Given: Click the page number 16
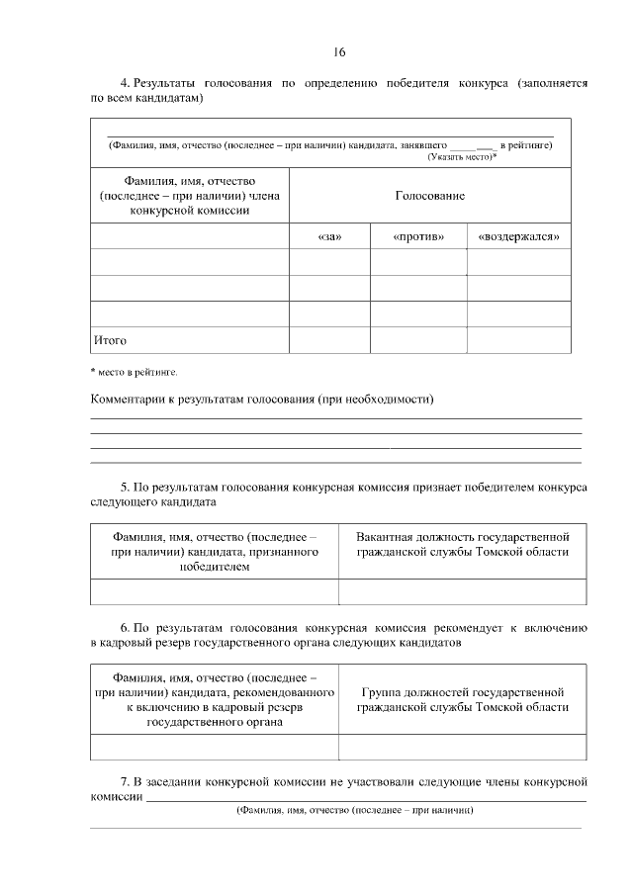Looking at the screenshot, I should coord(339,51).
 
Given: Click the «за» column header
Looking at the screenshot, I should coord(329,237).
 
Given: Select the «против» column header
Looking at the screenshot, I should coord(418,237).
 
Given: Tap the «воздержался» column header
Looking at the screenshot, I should coord(518,237).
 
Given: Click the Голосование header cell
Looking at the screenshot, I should coord(429,196).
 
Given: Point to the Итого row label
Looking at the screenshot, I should coord(110,340).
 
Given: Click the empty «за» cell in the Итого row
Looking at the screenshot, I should coord(329,340).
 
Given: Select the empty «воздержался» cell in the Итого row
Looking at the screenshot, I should coord(518,340).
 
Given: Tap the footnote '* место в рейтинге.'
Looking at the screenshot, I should coord(134,372).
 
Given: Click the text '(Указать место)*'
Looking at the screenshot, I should coord(462,157).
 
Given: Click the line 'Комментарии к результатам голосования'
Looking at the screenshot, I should coord(262,399).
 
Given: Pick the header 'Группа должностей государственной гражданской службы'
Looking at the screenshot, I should coord(463,699).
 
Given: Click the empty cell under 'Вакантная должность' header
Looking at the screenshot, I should coord(463,590).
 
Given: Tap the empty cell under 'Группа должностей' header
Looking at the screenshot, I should coord(463,747).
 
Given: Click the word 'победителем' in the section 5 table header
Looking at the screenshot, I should coord(215,567).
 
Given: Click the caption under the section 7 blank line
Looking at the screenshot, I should coord(353,810).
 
